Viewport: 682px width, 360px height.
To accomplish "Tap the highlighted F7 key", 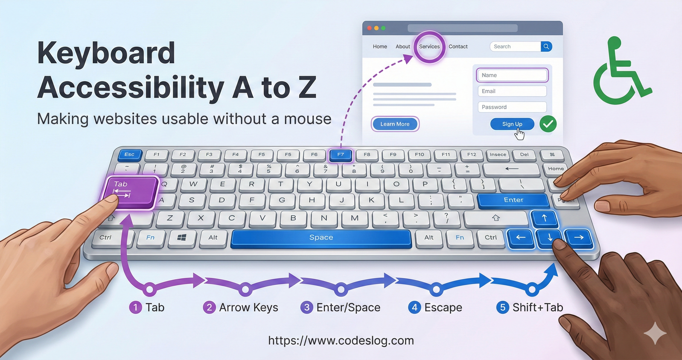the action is tap(341, 155).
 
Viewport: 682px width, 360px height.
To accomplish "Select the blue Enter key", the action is tap(513, 200).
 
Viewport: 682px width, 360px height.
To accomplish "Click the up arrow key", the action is tap(544, 218).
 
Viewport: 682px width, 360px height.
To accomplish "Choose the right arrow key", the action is tap(579, 238).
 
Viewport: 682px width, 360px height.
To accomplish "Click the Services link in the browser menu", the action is tap(429, 47).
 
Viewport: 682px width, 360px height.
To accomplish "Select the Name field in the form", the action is tap(512, 75).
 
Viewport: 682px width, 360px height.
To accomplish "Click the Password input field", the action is tap(512, 107).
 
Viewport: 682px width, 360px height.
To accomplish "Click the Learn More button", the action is tap(395, 124).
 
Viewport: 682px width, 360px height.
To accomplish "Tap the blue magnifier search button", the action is tap(546, 47).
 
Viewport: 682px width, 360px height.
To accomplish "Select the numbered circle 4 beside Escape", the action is tap(415, 308).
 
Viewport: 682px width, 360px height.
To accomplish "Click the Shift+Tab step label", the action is tap(538, 308).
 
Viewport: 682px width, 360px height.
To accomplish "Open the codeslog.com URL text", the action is tap(341, 341).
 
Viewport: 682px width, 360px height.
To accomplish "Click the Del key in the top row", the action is tap(524, 155).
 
